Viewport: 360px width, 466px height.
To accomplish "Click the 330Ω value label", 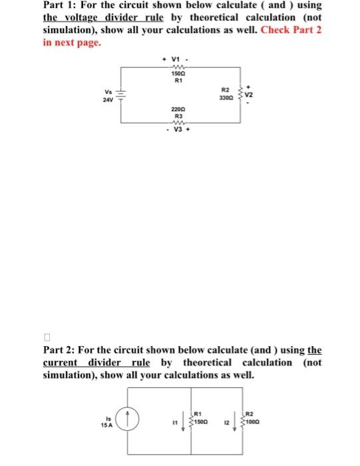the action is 224,98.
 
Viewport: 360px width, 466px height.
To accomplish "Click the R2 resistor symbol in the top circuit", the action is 239,94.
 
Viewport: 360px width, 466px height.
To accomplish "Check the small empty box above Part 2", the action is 47,337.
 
